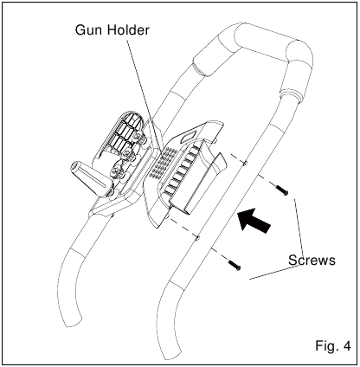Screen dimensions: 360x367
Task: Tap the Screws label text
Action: tap(312, 260)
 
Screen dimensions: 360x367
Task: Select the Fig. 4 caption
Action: tap(333, 345)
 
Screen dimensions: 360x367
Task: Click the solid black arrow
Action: tap(254, 220)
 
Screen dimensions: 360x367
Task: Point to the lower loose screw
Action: tap(235, 265)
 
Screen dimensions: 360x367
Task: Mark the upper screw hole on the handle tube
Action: tap(245, 164)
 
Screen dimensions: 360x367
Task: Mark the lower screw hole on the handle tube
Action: tap(197, 237)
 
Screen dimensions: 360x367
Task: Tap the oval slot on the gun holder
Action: tap(190, 136)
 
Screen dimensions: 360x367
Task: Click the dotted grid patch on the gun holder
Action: tap(162, 163)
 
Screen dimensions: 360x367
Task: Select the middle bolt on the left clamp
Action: tap(126, 152)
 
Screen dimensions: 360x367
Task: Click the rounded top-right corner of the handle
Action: tap(303, 52)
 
